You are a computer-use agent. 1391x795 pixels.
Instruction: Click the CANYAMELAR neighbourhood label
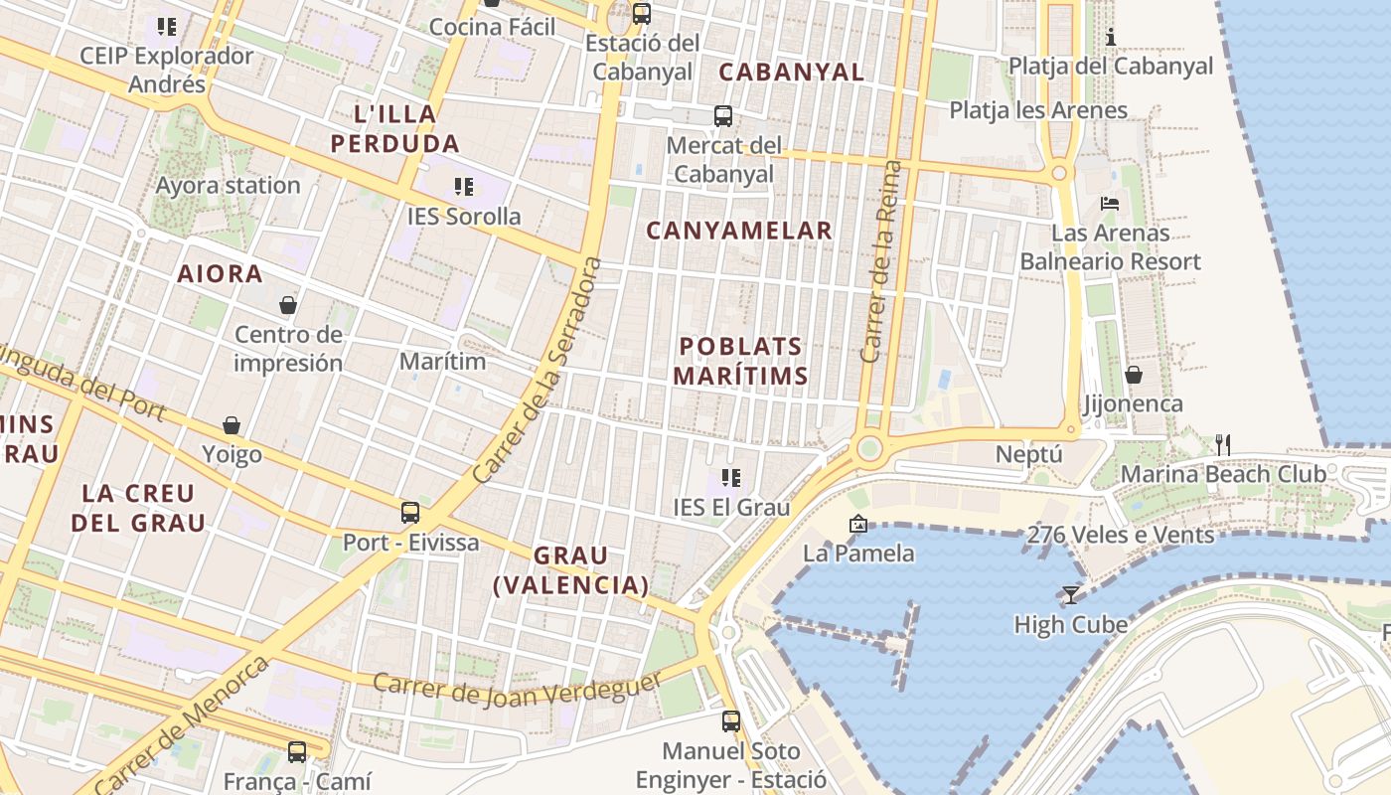coord(739,231)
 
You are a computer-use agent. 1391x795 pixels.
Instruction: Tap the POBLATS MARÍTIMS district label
coord(740,361)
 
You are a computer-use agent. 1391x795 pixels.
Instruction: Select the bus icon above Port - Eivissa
coord(409,513)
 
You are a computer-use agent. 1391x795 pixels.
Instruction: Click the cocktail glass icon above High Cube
coord(1070,595)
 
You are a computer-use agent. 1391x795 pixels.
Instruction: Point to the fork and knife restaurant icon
coord(1223,444)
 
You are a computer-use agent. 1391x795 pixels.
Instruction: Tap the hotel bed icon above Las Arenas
coord(1110,204)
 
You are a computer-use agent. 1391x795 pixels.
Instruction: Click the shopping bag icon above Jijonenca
coord(1133,375)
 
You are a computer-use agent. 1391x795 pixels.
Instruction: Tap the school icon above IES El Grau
coord(731,478)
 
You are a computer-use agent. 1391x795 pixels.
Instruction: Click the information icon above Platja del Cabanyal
coord(1111,38)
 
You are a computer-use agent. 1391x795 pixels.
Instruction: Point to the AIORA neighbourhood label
coord(220,274)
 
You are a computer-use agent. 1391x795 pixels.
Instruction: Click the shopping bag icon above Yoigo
coord(232,425)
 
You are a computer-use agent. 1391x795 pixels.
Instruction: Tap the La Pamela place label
coord(858,553)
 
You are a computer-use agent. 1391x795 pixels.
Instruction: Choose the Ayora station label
coord(228,185)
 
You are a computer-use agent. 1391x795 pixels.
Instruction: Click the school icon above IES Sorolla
coord(463,186)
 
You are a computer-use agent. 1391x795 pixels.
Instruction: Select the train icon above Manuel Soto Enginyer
coord(731,720)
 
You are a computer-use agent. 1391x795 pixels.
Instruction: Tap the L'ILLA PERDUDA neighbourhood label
coord(394,128)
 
